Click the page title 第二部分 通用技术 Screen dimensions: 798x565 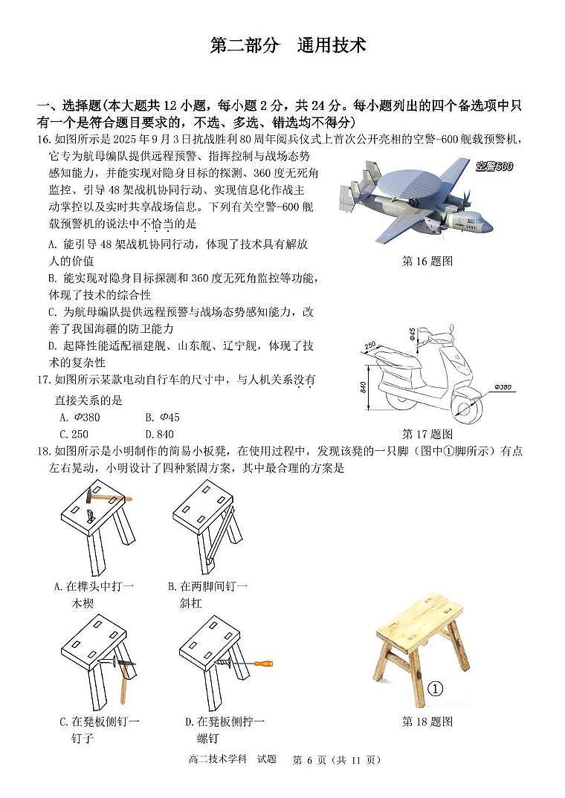(x=288, y=45)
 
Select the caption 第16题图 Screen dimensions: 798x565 (x=427, y=261)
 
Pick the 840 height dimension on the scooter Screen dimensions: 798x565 (x=362, y=386)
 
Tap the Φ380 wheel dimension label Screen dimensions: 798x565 (x=503, y=387)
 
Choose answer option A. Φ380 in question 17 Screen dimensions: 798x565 (x=80, y=417)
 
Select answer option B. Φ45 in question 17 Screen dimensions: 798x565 (x=163, y=417)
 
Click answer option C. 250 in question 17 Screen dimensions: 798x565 (x=74, y=434)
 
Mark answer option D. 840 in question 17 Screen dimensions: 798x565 (x=159, y=434)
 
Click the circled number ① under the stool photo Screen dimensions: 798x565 (x=436, y=689)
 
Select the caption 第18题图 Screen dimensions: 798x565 (x=427, y=721)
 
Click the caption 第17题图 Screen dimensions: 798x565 (x=427, y=434)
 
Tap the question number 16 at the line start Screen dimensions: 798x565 (x=43, y=139)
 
